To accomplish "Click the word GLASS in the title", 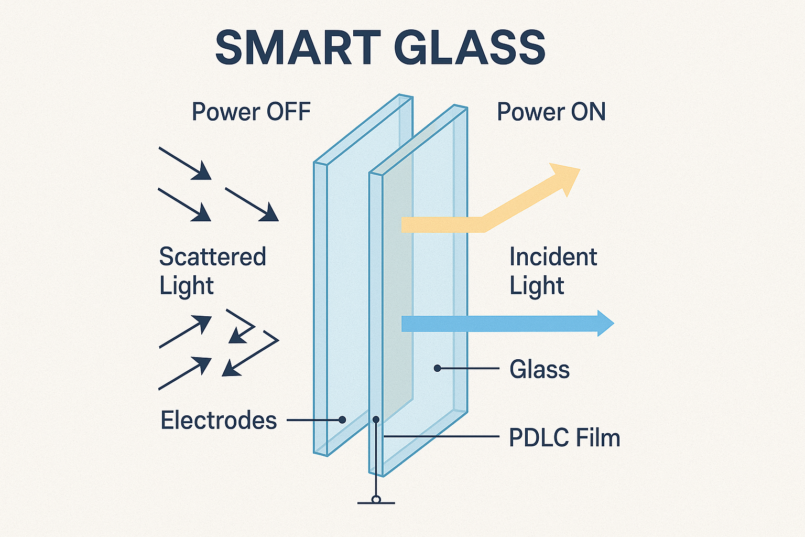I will (x=470, y=48).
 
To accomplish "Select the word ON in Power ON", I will (x=588, y=112).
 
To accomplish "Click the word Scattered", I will (x=213, y=257).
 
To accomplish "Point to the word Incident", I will (x=553, y=257).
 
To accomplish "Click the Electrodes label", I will (x=219, y=421).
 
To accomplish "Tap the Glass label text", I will (x=539, y=370).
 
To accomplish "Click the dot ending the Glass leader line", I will (x=437, y=369).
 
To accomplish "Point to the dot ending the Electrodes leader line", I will (x=342, y=420).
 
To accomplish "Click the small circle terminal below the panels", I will (x=376, y=499).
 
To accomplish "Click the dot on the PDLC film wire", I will (x=376, y=420).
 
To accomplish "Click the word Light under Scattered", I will (x=187, y=286).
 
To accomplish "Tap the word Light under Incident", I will (x=537, y=286).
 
